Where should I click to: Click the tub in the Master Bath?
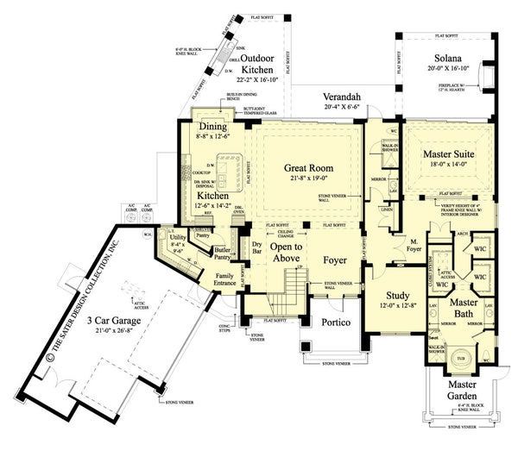pos(460,357)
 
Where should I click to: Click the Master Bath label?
pos(464,308)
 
